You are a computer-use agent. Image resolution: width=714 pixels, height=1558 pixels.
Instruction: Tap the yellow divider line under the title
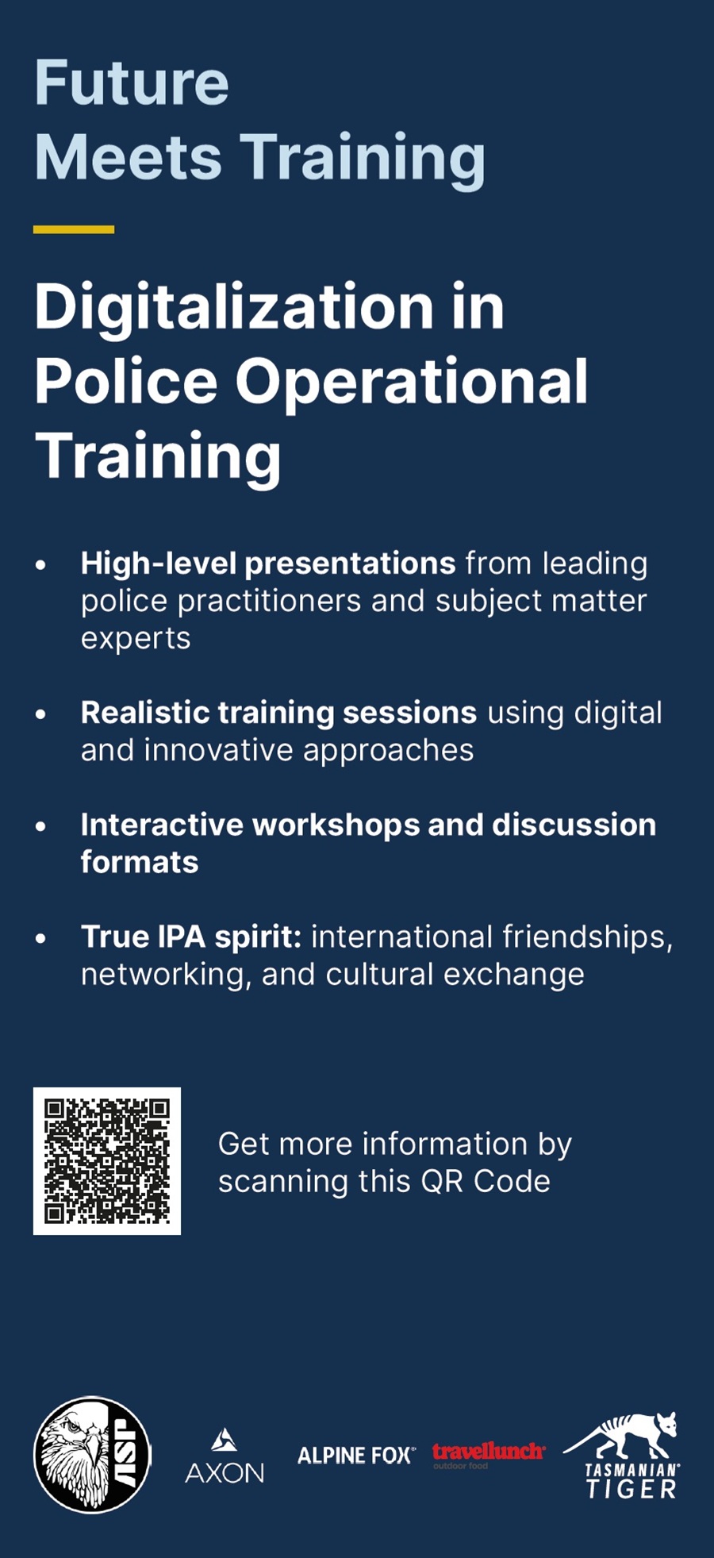74,229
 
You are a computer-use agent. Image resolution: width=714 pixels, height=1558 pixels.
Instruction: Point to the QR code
107,1160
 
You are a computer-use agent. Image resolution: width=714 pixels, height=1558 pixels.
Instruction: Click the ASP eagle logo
92,1454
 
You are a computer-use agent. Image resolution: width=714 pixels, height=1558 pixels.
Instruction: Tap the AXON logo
225,1457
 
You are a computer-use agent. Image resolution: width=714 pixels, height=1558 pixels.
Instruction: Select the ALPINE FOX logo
356,1456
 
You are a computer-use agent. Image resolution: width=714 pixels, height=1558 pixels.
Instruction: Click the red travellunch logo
489,1454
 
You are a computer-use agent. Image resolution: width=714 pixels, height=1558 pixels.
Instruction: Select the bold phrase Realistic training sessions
278,714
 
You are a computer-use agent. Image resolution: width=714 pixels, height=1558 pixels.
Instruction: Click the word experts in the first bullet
136,639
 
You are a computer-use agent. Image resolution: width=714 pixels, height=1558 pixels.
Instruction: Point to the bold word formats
140,862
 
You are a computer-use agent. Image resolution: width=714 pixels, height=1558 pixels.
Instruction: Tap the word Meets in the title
128,156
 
